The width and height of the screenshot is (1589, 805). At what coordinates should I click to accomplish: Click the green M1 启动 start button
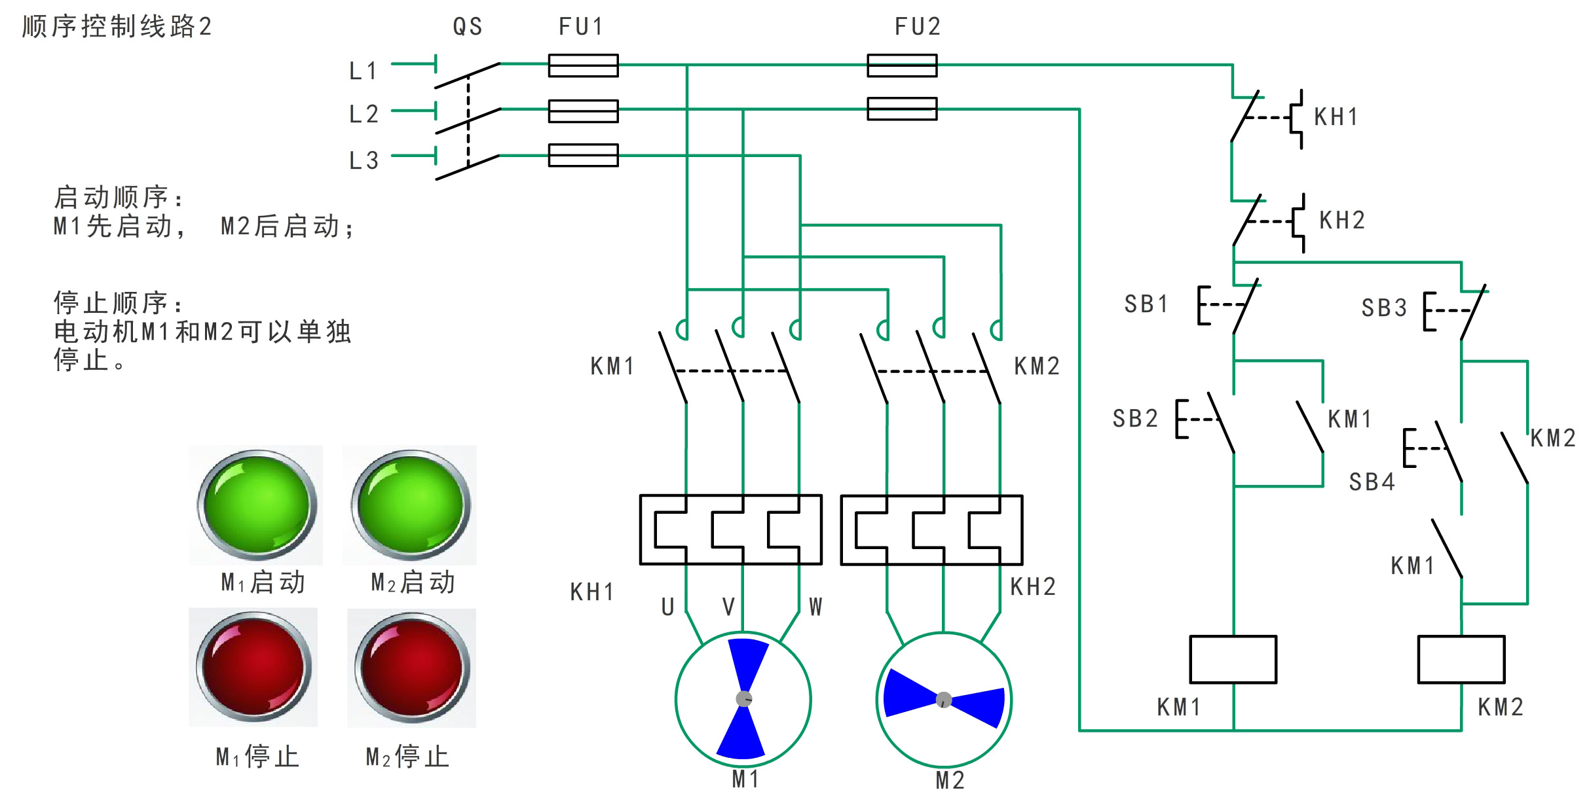[256, 505]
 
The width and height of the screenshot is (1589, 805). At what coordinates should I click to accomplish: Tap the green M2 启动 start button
[411, 505]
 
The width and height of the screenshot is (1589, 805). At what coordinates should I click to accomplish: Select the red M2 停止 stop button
[412, 668]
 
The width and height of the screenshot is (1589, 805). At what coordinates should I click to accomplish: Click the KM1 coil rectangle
[1233, 659]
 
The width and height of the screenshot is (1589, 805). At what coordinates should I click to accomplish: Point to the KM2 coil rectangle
[1461, 659]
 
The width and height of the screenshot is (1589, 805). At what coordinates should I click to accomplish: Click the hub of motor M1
[743, 698]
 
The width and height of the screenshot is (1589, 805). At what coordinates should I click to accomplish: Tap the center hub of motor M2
[943, 700]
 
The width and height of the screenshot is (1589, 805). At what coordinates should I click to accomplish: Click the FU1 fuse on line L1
[583, 65]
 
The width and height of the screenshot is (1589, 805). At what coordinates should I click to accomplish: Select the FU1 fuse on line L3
[583, 155]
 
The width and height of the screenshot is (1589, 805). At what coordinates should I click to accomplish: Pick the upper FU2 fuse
[902, 65]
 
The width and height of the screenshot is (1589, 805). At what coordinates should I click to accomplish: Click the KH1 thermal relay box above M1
[730, 529]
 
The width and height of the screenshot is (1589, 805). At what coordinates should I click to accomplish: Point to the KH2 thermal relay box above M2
[931, 530]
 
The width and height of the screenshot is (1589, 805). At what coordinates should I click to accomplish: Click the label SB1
[1146, 304]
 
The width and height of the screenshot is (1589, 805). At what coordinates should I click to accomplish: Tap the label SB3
[1384, 308]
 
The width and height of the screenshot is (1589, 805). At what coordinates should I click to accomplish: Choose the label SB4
[1372, 482]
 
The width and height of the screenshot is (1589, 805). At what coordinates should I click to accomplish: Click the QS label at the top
[468, 27]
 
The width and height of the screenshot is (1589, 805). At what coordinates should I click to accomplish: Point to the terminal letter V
[728, 607]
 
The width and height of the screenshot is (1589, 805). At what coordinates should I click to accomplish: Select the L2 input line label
[364, 115]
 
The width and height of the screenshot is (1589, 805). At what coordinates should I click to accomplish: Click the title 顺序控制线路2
[117, 27]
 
